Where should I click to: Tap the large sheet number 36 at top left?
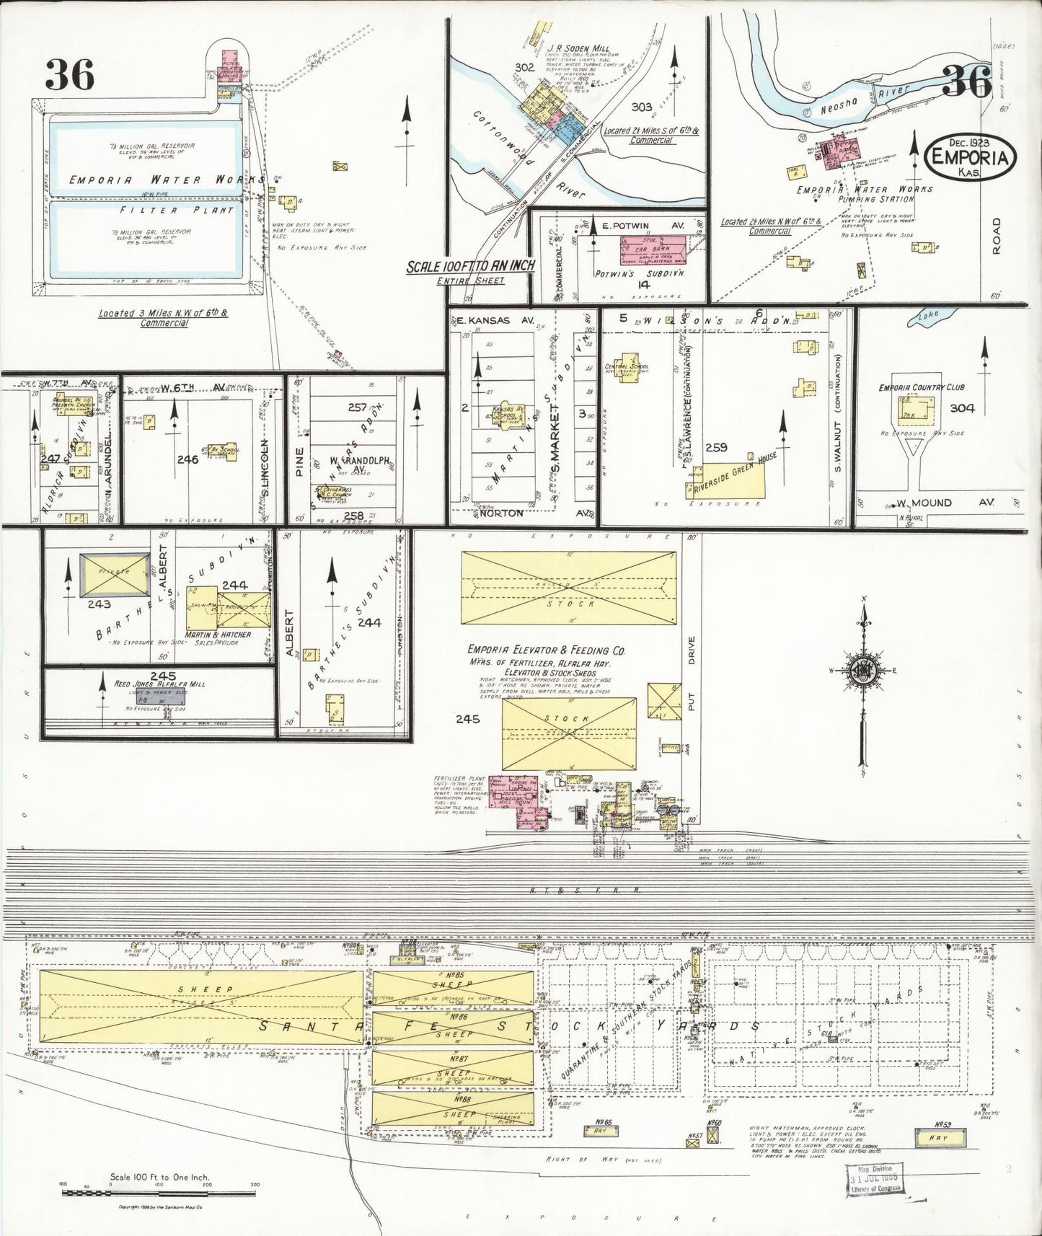(70, 74)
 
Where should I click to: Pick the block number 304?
(962, 408)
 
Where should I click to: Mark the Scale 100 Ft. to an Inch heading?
(470, 266)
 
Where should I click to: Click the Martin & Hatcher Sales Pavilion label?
(218, 639)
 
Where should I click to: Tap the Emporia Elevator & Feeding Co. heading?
(546, 650)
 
